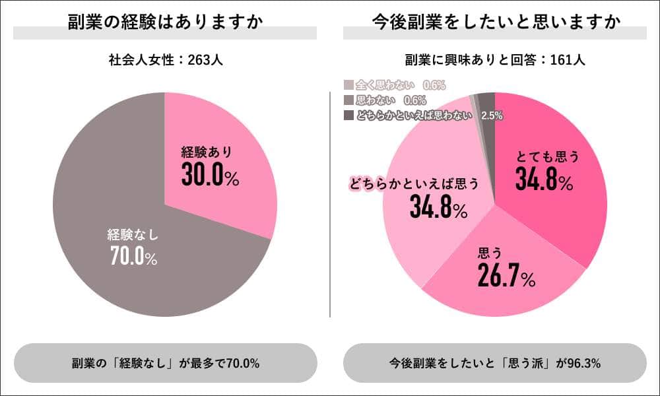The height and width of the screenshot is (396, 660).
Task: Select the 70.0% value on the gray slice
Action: point(134,255)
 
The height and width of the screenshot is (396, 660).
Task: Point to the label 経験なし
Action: point(134,234)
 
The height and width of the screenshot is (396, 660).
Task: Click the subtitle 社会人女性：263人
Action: point(165,60)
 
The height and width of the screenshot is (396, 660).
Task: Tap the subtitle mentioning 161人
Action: point(495,60)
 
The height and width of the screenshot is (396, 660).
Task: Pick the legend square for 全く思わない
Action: point(348,84)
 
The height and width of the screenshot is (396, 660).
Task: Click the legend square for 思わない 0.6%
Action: point(348,100)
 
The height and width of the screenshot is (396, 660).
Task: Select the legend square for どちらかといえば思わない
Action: point(348,115)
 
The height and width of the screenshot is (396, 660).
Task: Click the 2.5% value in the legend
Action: point(492,115)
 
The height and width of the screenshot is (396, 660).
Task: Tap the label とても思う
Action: point(547,157)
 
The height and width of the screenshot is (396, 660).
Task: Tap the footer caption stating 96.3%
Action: point(495,363)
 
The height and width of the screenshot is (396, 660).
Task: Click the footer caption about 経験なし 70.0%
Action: point(165,363)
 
